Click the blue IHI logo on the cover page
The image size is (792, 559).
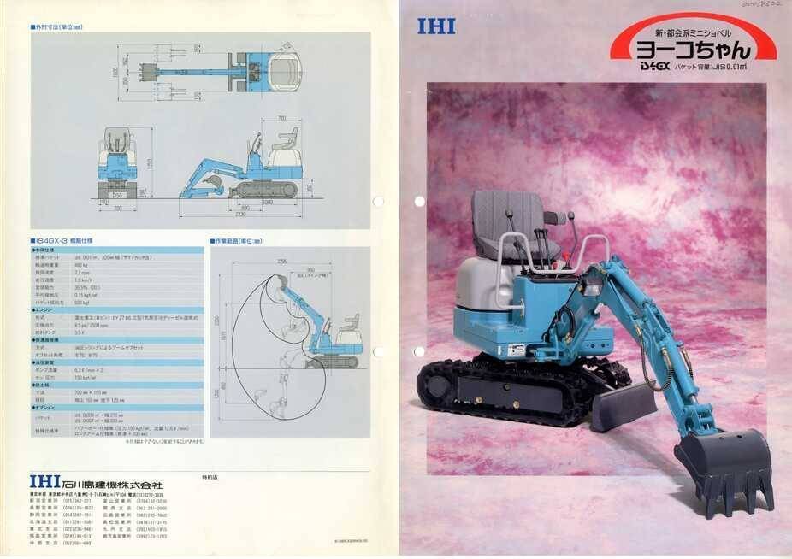[x=436, y=26]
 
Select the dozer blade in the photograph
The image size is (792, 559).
[x=622, y=405]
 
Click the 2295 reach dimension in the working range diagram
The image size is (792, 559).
[x=283, y=261]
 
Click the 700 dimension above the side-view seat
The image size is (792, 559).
[x=281, y=119]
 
